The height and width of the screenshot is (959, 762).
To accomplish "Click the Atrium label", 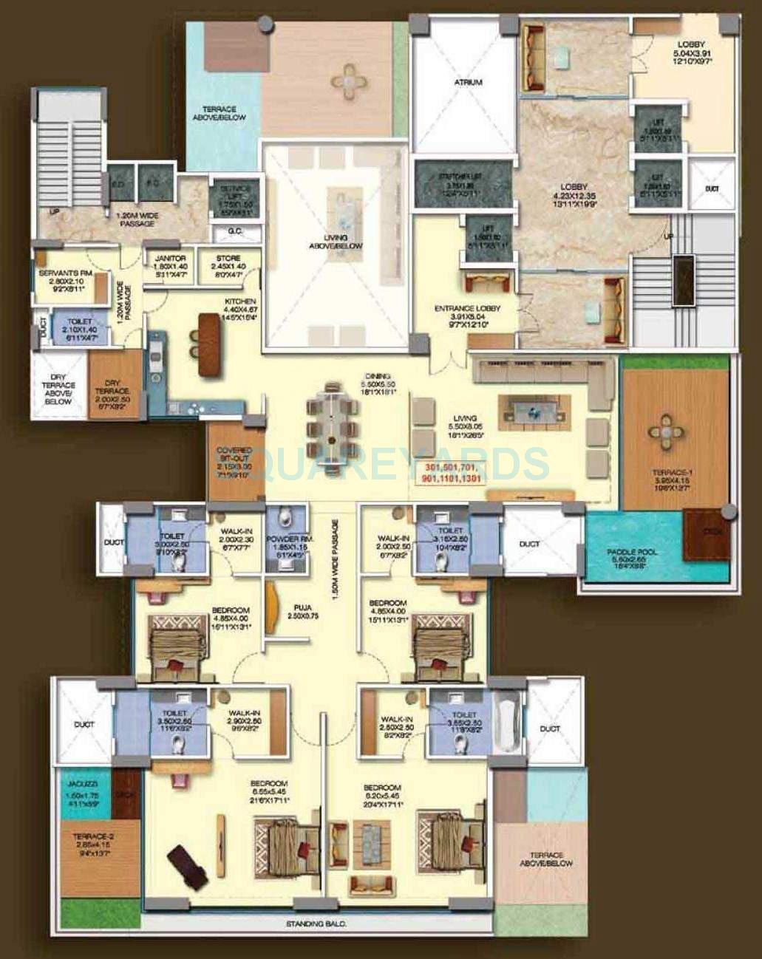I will pyautogui.click(x=467, y=82).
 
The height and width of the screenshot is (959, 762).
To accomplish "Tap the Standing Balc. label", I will pyautogui.click(x=317, y=924).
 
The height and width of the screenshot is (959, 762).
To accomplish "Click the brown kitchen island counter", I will pyautogui.click(x=210, y=345).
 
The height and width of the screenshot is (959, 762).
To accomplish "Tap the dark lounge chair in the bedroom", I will pyautogui.click(x=187, y=868).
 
